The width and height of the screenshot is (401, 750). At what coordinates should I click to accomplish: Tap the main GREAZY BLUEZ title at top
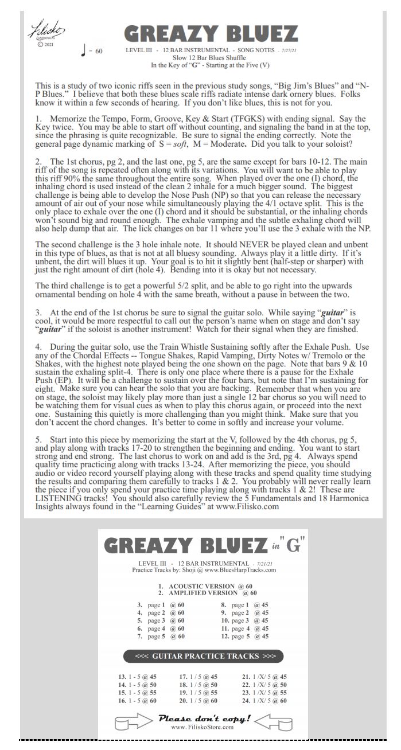211,35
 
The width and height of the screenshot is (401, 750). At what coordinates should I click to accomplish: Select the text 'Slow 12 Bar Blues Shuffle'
212,58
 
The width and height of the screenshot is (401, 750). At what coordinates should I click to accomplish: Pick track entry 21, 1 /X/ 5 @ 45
264,677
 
